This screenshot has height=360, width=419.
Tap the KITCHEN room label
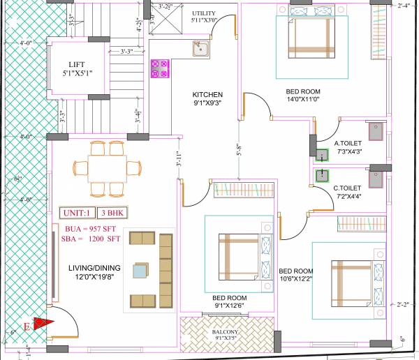pos(207,94)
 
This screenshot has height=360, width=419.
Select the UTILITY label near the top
pos(204,13)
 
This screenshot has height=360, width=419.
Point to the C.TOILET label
pos(347,188)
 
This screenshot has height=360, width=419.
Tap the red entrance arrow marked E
pos(43,323)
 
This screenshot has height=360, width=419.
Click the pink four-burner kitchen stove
pos(160,68)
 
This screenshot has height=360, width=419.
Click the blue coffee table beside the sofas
pos(142,271)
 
